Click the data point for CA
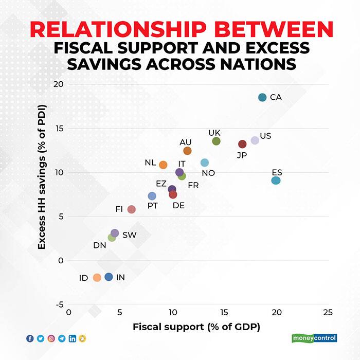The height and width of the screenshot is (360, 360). [262, 98]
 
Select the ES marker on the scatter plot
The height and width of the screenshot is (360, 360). [276, 181]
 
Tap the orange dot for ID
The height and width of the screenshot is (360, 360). [97, 278]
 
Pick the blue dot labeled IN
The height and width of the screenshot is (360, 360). [109, 277]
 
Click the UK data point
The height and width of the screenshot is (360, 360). [216, 141]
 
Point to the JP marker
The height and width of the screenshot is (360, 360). [242, 144]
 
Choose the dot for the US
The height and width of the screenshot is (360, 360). [255, 140]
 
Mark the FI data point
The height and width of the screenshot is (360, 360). [131, 209]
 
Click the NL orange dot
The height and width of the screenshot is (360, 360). [163, 165]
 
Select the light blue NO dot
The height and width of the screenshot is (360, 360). [204, 163]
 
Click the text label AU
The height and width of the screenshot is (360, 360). [185, 142]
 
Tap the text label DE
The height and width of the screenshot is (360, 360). [178, 205]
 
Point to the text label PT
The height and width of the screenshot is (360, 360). [153, 205]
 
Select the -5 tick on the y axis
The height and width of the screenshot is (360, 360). [58, 304]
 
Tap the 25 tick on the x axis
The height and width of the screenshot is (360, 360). [328, 313]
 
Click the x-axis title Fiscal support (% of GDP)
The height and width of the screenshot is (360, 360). [196, 327]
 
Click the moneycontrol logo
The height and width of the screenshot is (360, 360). [314, 338]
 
